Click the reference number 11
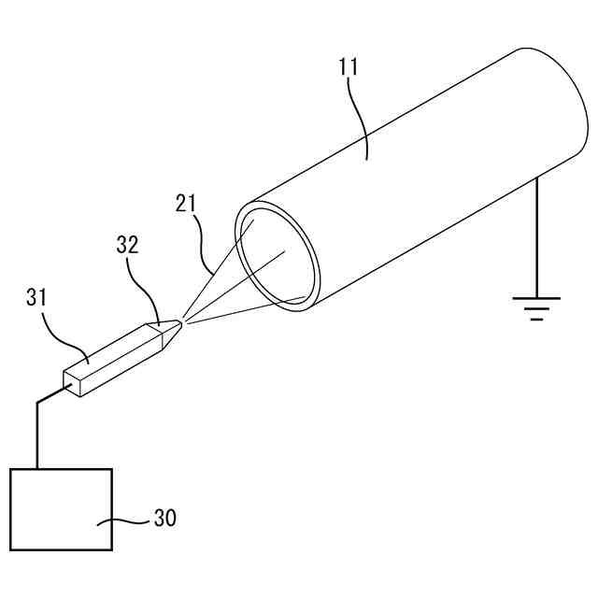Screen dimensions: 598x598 click(x=348, y=66)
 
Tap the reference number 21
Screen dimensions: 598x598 click(x=187, y=202)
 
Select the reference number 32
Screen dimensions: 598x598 click(x=127, y=245)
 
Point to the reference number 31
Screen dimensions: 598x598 click(x=37, y=299)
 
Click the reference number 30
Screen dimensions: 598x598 click(x=164, y=518)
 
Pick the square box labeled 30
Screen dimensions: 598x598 click(x=61, y=509)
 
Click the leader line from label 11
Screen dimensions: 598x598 click(x=360, y=117)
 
